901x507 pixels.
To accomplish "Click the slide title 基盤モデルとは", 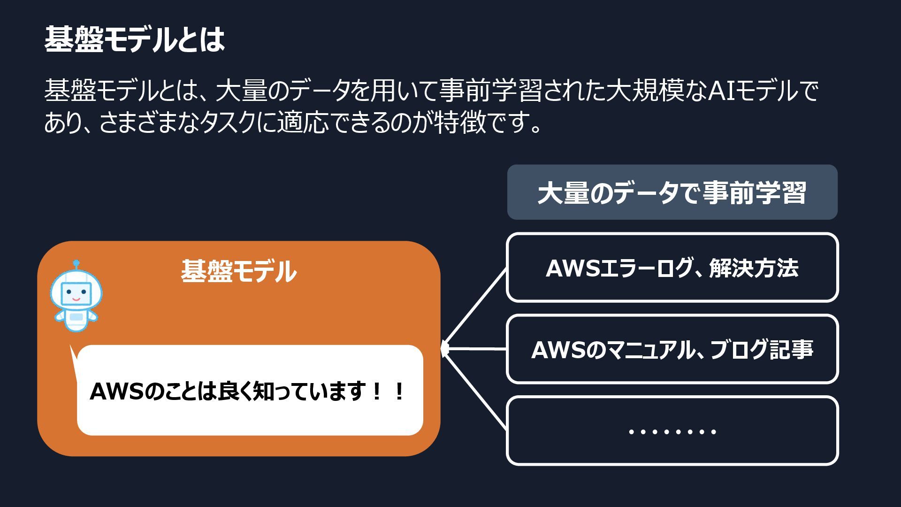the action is click(135, 40).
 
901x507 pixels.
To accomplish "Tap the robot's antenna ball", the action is click(76, 263).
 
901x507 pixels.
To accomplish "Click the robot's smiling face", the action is click(76, 294).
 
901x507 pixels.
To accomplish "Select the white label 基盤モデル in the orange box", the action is click(238, 271).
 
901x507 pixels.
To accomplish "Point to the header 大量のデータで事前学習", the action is click(672, 192).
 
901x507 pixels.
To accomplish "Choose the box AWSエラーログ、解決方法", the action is click(672, 268).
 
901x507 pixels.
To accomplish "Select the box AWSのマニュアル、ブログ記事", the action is click(672, 349).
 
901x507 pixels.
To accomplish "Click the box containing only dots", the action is click(672, 431).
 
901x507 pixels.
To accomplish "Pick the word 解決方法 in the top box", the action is click(754, 268).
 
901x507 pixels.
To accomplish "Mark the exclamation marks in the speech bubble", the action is click(388, 392).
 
